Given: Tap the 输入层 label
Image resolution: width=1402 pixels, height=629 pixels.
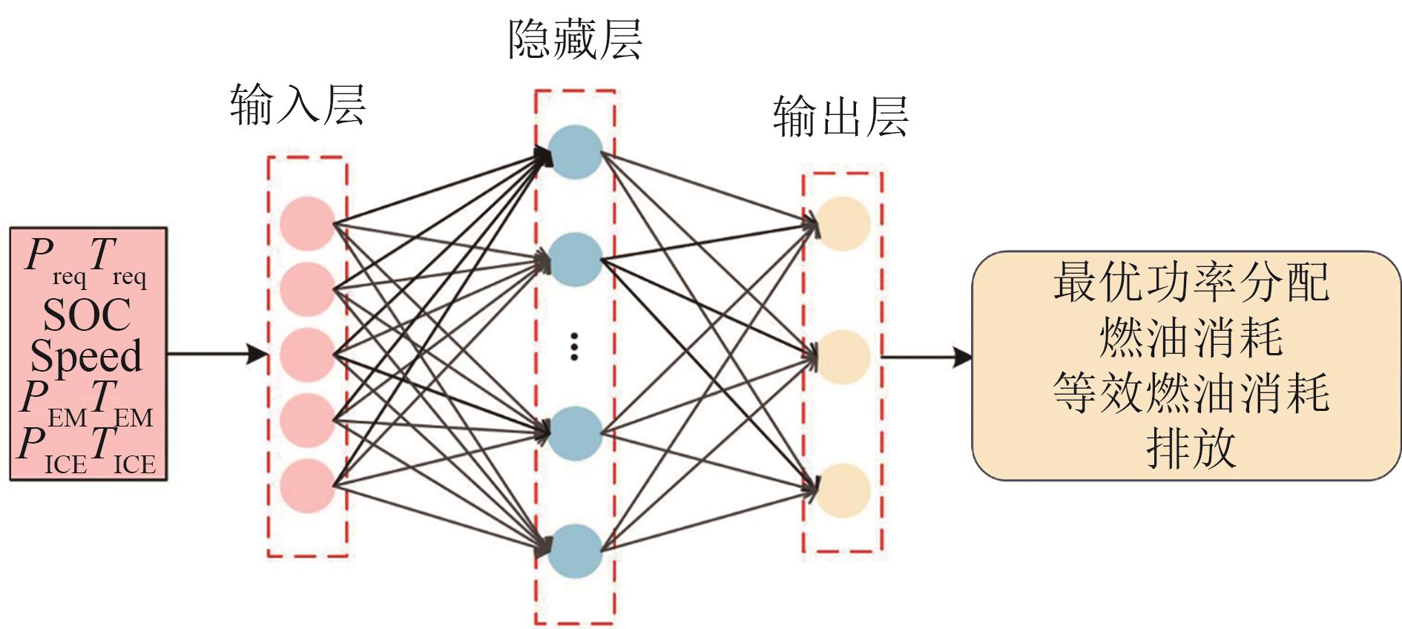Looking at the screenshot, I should (x=297, y=104).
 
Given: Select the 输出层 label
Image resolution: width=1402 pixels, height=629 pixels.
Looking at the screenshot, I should (x=840, y=116).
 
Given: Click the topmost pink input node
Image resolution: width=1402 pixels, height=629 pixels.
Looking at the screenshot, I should (x=307, y=223).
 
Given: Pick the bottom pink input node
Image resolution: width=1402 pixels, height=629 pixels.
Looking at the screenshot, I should (x=307, y=486).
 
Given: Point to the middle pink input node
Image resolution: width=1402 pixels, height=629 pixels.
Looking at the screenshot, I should (x=307, y=355).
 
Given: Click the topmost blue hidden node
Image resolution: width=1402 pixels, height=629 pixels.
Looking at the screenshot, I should (x=576, y=152).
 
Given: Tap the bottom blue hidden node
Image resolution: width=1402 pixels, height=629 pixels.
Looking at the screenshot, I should (x=576, y=551).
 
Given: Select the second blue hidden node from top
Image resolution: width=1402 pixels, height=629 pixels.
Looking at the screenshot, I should (x=576, y=260).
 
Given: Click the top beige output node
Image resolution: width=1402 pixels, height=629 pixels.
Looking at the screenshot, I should (x=843, y=223).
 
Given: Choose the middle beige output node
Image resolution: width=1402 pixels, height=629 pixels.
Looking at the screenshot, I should (x=843, y=357).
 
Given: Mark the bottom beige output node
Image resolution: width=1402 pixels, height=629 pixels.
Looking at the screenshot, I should (x=843, y=490).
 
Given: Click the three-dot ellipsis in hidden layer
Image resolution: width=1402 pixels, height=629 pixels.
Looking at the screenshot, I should (x=574, y=346).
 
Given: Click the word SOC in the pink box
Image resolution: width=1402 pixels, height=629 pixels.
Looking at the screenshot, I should (x=87, y=315).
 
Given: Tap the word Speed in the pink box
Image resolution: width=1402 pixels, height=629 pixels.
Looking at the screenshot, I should (x=86, y=356).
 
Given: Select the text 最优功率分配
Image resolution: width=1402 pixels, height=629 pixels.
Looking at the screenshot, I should (x=1191, y=283).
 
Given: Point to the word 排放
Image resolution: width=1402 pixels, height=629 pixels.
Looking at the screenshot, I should (x=1191, y=448).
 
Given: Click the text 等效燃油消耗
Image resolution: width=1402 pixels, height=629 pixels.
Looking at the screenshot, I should (x=1191, y=393).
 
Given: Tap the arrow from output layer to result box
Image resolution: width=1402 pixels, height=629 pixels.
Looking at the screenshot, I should (x=927, y=358).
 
